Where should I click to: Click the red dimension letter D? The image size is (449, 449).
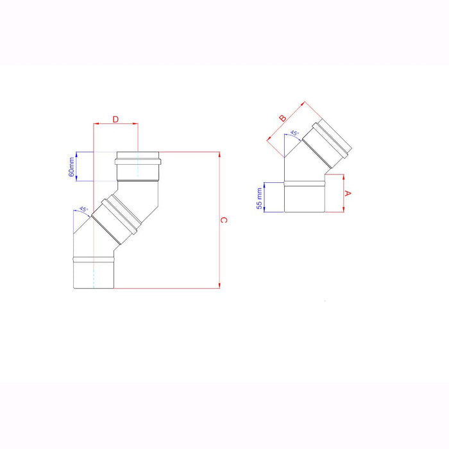point(115,119)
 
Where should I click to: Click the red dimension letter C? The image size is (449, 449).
point(223,220)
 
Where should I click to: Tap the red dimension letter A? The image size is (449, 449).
point(348,192)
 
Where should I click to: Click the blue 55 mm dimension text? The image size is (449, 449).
point(260,198)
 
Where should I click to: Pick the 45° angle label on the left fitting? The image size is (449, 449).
point(83,209)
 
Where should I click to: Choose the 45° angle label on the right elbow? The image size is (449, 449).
point(294,133)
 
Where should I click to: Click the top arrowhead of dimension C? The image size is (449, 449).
point(219,154)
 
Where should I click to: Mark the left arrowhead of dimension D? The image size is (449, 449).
point(96,124)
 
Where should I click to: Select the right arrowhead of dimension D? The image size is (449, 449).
point(135,124)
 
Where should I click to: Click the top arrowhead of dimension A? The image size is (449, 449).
point(344,176)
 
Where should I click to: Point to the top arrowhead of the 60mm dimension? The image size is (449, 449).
point(77,153)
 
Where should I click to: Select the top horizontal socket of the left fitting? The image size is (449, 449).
point(138,167)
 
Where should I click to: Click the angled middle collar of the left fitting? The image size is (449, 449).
point(115,217)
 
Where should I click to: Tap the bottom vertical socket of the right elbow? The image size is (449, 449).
point(305,196)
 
